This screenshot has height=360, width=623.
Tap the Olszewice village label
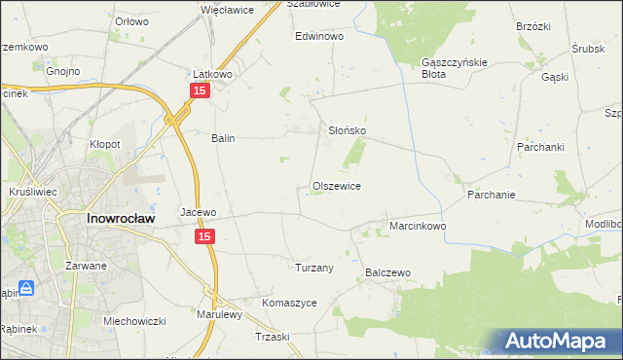[x=337, y=186]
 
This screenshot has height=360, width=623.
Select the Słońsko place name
[x=346, y=129]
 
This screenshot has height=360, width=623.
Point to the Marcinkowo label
[x=418, y=226]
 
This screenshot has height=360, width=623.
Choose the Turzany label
[x=314, y=268]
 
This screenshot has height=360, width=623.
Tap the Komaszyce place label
[x=290, y=303]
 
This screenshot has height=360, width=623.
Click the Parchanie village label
[x=491, y=195]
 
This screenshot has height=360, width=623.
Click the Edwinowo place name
[x=320, y=36]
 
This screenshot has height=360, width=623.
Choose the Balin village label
[x=224, y=138]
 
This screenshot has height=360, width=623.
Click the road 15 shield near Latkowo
[x=199, y=90]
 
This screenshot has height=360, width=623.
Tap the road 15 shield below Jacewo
[x=204, y=236]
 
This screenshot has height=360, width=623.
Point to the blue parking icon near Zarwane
[x=26, y=289]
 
